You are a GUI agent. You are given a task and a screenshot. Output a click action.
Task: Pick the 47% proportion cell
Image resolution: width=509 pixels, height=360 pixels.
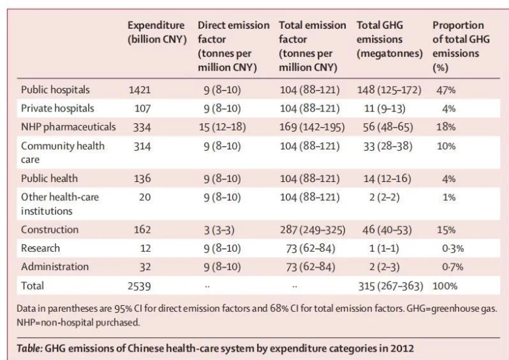[x=446, y=91]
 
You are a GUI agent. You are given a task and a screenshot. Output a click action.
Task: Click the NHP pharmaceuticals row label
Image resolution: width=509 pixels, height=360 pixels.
[x=69, y=127]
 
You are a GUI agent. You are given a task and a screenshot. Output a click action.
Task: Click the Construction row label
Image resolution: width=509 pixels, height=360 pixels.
[x=50, y=230]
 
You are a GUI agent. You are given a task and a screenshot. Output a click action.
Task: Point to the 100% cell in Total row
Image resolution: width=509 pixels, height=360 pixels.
[x=446, y=284]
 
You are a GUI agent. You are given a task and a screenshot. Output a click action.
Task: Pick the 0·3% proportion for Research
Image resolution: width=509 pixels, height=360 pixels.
[x=446, y=248]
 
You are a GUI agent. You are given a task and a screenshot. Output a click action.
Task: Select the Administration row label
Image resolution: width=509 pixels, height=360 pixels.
[x=55, y=266]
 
